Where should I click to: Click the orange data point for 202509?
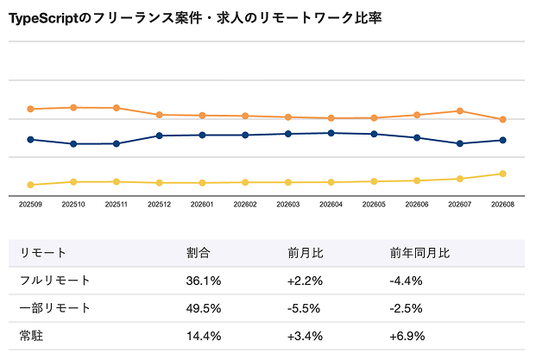pyautogui.click(x=30, y=109)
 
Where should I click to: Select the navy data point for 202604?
pyautogui.click(x=331, y=133)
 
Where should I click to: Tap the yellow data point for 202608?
pyautogui.click(x=503, y=174)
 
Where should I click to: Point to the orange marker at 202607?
pyautogui.click(x=460, y=111)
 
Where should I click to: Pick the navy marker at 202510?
pyautogui.click(x=73, y=144)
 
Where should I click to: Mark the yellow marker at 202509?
pyautogui.click(x=30, y=185)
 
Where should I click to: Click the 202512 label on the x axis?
pyautogui.click(x=159, y=204)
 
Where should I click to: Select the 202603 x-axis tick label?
pyautogui.click(x=288, y=204)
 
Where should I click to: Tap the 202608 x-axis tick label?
pyautogui.click(x=503, y=204)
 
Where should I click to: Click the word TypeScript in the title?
pyautogui.click(x=43, y=18)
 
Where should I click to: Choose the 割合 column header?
pyautogui.click(x=198, y=253)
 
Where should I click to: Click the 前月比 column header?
pyautogui.click(x=305, y=253)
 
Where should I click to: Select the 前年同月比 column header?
pyautogui.click(x=419, y=253)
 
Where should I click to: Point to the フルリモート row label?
pyautogui.click(x=55, y=281)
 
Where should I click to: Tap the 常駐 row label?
pyautogui.click(x=31, y=336)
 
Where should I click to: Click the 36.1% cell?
pyautogui.click(x=203, y=281)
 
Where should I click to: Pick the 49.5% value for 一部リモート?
pyautogui.click(x=203, y=309)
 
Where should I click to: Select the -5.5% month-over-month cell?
pyautogui.click(x=304, y=309)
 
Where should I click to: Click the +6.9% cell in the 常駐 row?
pyautogui.click(x=407, y=336)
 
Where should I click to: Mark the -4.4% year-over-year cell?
pyautogui.click(x=406, y=281)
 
